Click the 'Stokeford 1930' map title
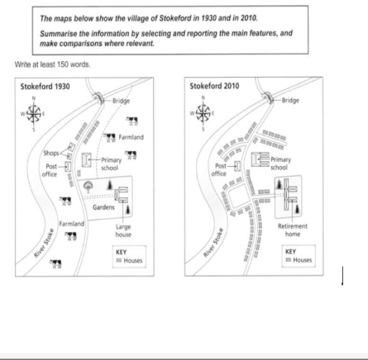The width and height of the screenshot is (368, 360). coord(46,86)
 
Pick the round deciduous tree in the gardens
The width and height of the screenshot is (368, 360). coord(88,186)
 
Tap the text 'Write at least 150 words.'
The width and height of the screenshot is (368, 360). coord(50,64)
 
